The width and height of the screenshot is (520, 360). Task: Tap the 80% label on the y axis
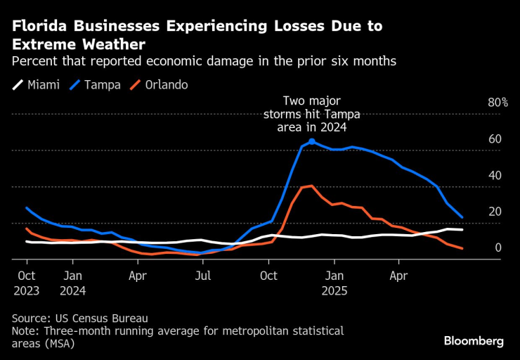pyautogui.click(x=498, y=103)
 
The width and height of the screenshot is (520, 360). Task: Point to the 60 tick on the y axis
pyautogui.click(x=494, y=139)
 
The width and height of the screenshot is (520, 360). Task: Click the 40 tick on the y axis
pyautogui.click(x=494, y=175)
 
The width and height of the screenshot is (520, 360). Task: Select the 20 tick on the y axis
pyautogui.click(x=494, y=212)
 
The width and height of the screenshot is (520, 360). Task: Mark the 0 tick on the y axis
pyautogui.click(x=498, y=247)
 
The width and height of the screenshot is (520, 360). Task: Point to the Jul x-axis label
pyautogui.click(x=202, y=275)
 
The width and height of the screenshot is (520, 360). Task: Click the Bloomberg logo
pyautogui.click(x=474, y=341)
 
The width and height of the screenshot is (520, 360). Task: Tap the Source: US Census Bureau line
pyautogui.click(x=79, y=318)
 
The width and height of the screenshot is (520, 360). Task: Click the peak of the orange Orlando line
pyautogui.click(x=311, y=186)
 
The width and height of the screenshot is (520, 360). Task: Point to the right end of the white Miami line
pyautogui.click(x=462, y=230)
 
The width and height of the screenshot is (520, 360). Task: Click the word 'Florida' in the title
pyautogui.click(x=39, y=26)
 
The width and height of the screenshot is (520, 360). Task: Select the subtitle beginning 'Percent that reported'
pyautogui.click(x=204, y=61)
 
